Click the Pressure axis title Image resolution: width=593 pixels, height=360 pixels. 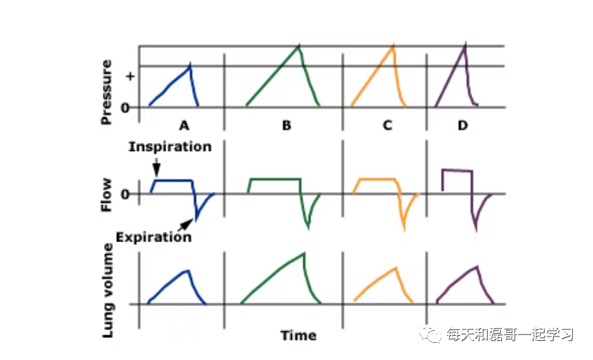click(x=107, y=92)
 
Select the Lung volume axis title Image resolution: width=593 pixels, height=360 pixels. click(x=108, y=290)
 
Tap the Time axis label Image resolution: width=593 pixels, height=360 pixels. click(x=298, y=335)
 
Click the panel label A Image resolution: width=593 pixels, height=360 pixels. click(x=184, y=126)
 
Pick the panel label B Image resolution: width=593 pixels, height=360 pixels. click(x=286, y=126)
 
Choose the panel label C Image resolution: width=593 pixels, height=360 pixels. click(x=387, y=126)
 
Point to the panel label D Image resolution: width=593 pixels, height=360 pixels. click(x=463, y=126)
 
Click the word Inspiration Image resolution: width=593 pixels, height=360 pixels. click(x=170, y=147)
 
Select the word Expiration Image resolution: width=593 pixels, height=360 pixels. click(x=154, y=237)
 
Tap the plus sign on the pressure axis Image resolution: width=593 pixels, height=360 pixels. click(x=130, y=75)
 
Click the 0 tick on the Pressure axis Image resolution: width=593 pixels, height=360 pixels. click(x=125, y=107)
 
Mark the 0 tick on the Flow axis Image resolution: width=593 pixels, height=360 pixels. click(x=125, y=194)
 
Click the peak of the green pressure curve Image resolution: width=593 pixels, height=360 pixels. click(x=299, y=46)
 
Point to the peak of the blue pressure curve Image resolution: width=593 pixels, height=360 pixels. click(x=190, y=65)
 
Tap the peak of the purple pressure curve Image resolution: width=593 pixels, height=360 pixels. click(x=464, y=44)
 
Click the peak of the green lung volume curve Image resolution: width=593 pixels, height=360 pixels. click(x=305, y=253)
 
